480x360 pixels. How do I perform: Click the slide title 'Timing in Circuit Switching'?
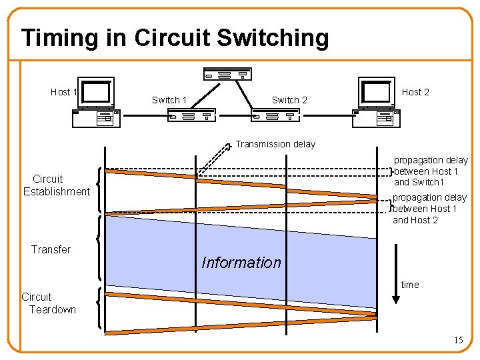175,38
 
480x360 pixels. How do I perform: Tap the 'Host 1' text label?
64,92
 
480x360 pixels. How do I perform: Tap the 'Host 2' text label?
415,92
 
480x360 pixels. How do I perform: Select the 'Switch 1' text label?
169,100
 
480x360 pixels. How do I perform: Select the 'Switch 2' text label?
289,100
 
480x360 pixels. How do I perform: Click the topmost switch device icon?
227,74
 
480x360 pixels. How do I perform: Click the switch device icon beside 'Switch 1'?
191,116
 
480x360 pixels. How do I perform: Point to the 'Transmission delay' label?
275,144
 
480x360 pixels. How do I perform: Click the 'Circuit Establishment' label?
56,185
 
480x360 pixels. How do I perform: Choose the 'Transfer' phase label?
51,249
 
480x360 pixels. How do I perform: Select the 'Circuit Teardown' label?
49,303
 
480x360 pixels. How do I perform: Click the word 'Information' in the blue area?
241,263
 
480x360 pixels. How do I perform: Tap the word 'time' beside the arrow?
410,285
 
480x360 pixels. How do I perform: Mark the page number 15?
458,340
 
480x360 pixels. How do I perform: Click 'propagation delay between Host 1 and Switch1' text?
431,171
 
